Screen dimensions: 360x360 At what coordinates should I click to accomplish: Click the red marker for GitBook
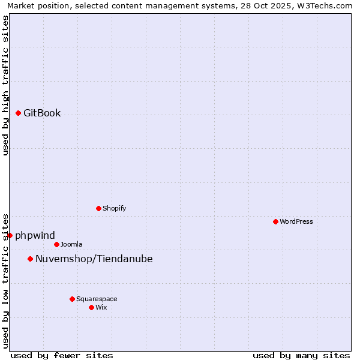(19, 113)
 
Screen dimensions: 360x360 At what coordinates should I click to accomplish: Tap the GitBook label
(42, 113)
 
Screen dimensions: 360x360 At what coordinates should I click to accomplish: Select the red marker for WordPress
(275, 221)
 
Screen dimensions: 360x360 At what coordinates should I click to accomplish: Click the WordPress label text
(296, 221)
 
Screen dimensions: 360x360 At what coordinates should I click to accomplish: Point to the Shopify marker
(98, 208)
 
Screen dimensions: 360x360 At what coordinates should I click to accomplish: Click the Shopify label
(114, 208)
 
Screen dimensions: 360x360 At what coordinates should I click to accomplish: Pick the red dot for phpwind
(10, 235)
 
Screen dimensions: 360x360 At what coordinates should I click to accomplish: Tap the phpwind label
(35, 235)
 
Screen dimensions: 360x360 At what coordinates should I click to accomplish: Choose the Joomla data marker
(56, 244)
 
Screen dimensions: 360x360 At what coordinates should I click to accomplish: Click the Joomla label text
(71, 244)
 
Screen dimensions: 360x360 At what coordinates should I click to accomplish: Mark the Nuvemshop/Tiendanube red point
(30, 259)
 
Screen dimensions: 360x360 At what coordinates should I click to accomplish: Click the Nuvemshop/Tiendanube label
(94, 259)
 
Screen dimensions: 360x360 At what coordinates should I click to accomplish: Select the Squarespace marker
(72, 299)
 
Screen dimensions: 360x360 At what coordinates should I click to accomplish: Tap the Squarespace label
(97, 299)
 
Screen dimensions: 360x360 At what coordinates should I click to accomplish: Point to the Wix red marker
(91, 307)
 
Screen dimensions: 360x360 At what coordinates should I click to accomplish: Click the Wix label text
(101, 307)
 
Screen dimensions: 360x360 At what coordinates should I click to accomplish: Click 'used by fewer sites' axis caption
(62, 355)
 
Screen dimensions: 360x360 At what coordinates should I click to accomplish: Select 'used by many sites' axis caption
(301, 355)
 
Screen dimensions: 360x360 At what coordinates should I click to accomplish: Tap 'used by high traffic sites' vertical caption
(6, 85)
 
